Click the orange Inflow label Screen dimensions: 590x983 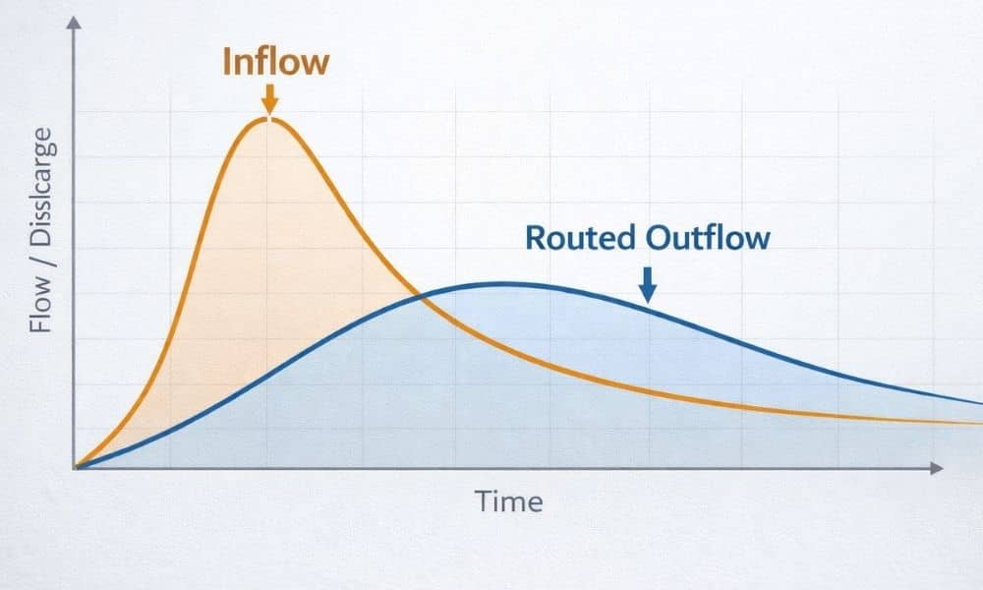(x=275, y=61)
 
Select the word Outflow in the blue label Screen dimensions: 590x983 (x=708, y=238)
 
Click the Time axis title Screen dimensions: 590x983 (x=509, y=501)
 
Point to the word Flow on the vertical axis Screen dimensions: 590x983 (x=40, y=302)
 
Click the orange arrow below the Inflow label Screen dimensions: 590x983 (x=269, y=98)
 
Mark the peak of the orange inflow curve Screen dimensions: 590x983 (x=268, y=119)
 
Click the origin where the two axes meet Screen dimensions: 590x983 (x=76, y=468)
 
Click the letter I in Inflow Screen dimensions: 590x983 (x=227, y=61)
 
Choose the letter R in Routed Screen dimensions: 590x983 (x=535, y=238)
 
